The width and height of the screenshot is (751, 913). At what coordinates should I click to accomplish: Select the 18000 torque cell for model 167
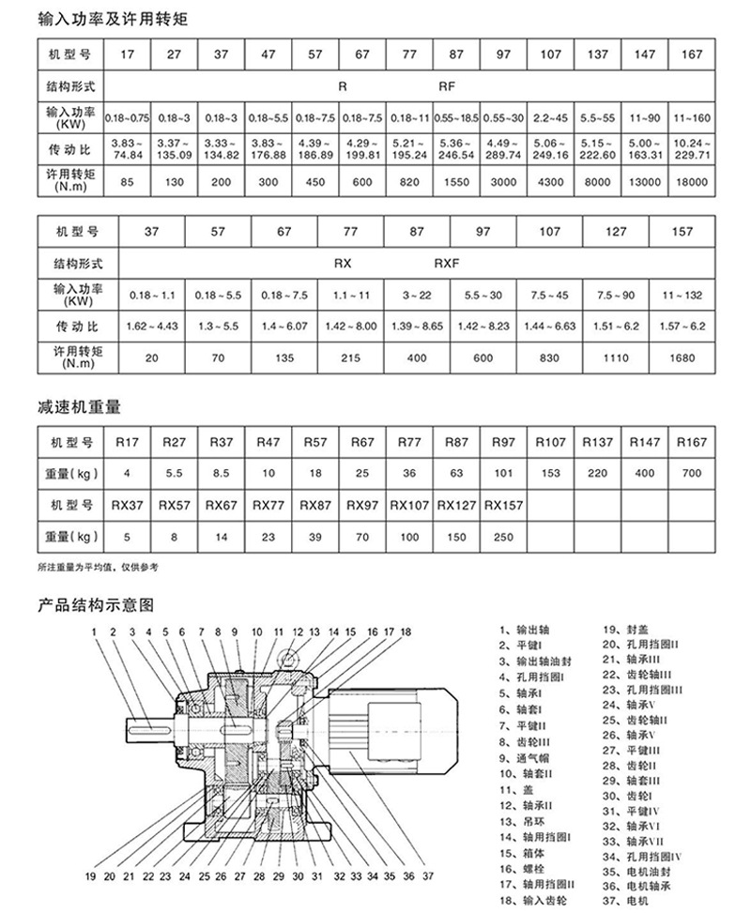(692, 183)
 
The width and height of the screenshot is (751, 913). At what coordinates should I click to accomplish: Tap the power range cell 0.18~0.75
(127, 118)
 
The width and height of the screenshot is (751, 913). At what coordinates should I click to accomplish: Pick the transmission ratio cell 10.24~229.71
(692, 148)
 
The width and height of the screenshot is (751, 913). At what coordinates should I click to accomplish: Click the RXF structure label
(447, 265)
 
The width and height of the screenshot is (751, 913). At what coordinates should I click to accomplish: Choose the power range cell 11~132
(682, 296)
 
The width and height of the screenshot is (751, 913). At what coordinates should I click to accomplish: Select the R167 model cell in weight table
(692, 442)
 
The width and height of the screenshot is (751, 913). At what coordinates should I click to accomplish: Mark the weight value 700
(692, 473)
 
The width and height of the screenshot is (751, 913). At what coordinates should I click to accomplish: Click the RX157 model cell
(504, 505)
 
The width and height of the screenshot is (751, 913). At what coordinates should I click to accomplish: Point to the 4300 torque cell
(551, 183)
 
